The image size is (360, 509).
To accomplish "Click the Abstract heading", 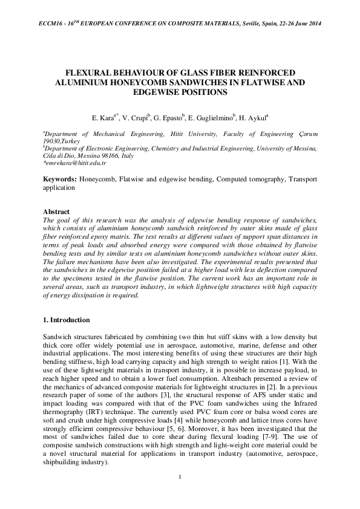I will (x=57, y=212).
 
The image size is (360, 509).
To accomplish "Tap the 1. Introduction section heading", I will (x=67, y=319).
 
